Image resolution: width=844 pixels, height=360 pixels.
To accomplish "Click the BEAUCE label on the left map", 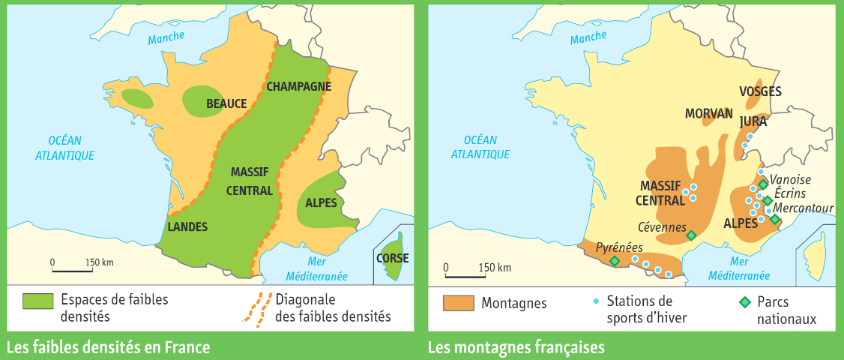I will coord(226,103).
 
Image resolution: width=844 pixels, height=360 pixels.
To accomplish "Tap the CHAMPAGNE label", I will coord(298,86).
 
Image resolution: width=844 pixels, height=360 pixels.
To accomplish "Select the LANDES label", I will coord(187,226).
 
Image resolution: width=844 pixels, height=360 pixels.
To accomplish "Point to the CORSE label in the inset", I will coord(392,258).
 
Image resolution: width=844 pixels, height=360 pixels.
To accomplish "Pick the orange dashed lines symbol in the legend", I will coord(256,307).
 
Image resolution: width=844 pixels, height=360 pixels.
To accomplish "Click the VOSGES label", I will coord(760,91).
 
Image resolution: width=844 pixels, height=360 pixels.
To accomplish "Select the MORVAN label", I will coord(708,113).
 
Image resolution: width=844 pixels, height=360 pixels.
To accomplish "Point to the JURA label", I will coord(753,121).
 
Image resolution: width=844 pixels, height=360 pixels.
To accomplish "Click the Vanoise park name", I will coord(792,180).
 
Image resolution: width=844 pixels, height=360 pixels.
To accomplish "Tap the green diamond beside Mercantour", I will coord(775,219).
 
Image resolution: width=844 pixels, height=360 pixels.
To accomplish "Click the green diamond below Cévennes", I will coord(691,235).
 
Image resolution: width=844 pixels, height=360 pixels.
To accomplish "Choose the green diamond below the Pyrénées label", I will coord(615,260).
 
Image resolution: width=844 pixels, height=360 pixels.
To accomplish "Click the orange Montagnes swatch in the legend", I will coord(459,303).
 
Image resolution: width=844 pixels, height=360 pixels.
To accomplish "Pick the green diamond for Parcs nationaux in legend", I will coord(744,302).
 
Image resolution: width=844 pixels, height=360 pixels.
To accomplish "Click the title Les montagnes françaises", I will coord(516,348).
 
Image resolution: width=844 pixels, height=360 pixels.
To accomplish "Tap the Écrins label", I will coord(791,193).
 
